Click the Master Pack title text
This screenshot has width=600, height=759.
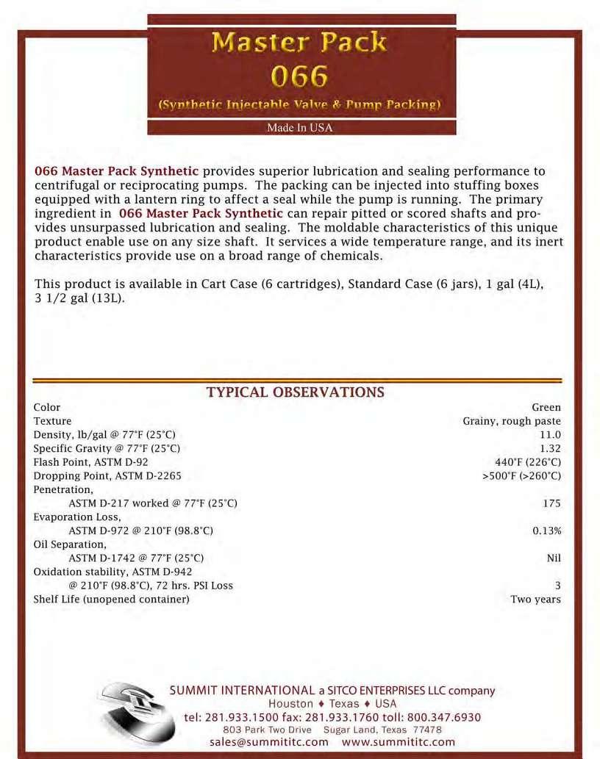click(299, 43)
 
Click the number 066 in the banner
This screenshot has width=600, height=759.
click(299, 75)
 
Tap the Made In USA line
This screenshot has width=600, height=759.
click(299, 128)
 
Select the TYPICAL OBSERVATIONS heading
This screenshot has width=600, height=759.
click(296, 392)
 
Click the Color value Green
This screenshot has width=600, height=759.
click(546, 407)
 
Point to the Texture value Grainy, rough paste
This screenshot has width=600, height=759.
click(512, 421)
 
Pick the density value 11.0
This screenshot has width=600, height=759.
click(550, 435)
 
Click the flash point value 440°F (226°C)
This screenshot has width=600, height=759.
click(528, 462)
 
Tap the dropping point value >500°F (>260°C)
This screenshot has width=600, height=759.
click(521, 476)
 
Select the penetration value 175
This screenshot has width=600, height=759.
click(551, 503)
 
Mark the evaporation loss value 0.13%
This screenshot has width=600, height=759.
click(547, 530)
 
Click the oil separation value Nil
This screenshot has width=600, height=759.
click(554, 558)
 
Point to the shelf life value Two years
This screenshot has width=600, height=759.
click(535, 600)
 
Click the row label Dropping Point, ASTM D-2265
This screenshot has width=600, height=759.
click(107, 476)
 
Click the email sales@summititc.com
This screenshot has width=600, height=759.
click(269, 742)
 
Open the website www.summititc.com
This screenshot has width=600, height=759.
click(399, 742)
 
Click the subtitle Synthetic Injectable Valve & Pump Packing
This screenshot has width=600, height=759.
click(299, 104)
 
